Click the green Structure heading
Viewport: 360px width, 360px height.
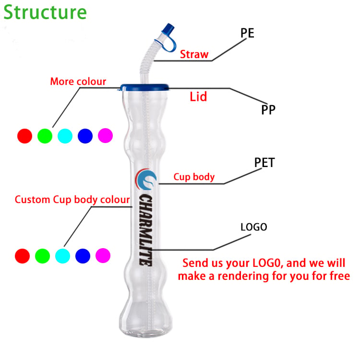[45, 12]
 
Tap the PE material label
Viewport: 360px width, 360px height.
[247, 33]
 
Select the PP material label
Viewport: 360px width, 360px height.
[268, 110]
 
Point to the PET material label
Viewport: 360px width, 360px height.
[264, 163]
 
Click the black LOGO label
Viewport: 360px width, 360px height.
[254, 227]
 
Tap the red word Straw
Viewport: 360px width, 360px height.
[194, 54]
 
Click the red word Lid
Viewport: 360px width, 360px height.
[198, 96]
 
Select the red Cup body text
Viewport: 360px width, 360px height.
[194, 177]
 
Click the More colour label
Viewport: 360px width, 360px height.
[78, 82]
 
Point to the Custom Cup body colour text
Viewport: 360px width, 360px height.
[72, 200]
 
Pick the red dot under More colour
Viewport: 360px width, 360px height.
[24, 136]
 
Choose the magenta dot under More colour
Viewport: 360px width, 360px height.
[105, 135]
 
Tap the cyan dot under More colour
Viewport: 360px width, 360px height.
[65, 136]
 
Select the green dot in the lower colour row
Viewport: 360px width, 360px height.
[42, 256]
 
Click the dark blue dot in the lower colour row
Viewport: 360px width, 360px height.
[83, 256]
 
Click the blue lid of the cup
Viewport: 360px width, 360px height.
[144, 87]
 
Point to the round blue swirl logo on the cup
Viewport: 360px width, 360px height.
[146, 180]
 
